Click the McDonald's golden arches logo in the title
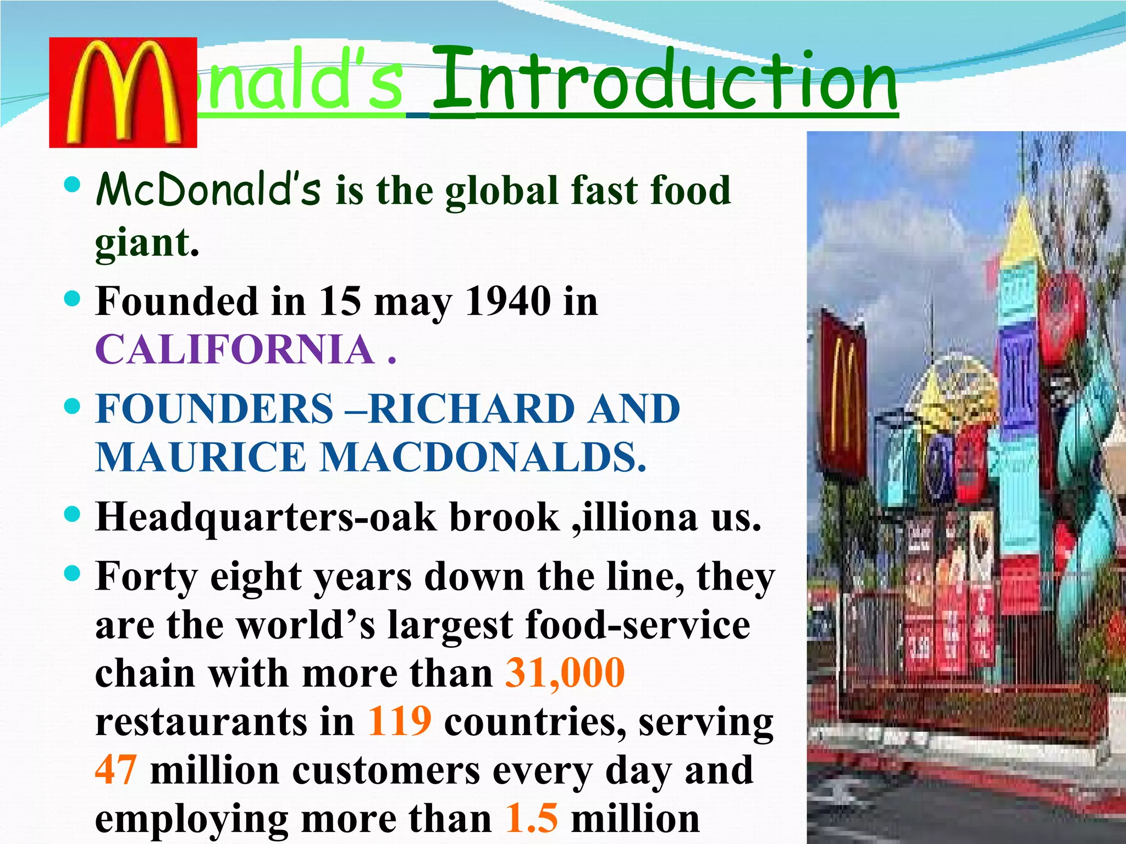click(x=123, y=92)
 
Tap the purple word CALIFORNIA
click(x=235, y=349)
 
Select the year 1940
click(x=508, y=301)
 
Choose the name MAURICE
click(x=200, y=457)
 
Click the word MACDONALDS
click(x=483, y=457)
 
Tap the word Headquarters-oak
click(x=266, y=518)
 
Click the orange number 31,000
click(x=565, y=673)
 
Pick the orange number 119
click(x=400, y=721)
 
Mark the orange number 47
click(x=115, y=769)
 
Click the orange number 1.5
click(x=531, y=818)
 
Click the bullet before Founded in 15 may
click(x=72, y=299)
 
